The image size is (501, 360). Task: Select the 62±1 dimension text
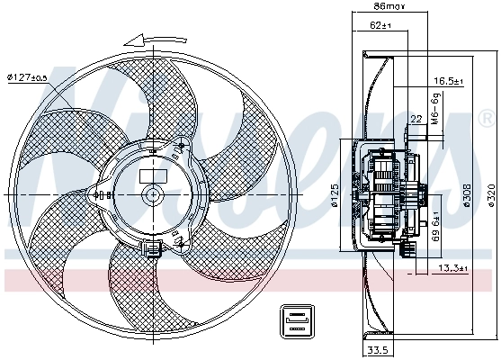pyautogui.click(x=382, y=26)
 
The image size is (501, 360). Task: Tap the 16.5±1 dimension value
pyautogui.click(x=448, y=82)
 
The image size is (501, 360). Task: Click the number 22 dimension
pyautogui.click(x=416, y=119)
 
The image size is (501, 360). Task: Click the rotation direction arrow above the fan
pyautogui.click(x=149, y=40)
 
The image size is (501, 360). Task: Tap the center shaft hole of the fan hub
pyautogui.click(x=150, y=195)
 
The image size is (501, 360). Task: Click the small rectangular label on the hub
pyautogui.click(x=149, y=175)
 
